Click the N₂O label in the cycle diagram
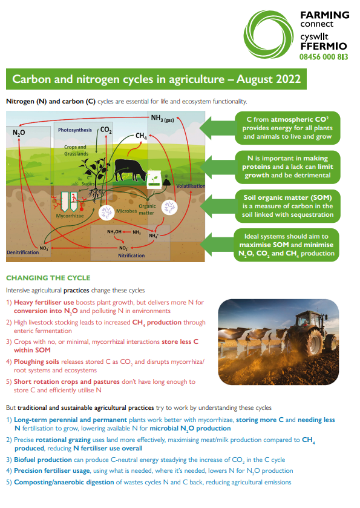19,131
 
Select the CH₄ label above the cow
141,136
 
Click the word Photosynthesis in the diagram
75,130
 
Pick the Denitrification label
22,251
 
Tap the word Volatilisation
191,186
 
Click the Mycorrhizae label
70,215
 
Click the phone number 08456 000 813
324,56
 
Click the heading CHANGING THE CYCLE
48,278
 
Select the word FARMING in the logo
324,15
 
